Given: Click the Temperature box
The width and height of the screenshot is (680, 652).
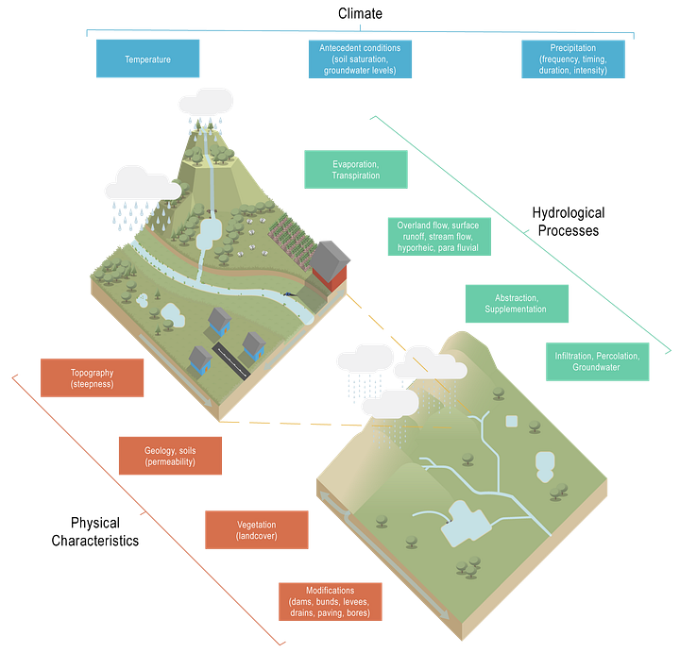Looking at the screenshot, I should (x=147, y=59).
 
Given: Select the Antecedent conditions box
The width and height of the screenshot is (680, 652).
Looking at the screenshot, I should (x=360, y=59).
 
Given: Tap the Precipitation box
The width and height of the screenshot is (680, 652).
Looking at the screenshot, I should (x=572, y=59).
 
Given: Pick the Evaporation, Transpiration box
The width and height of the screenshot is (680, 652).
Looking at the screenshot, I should (x=355, y=169).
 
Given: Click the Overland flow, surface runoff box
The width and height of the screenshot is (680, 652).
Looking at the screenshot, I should (x=438, y=237).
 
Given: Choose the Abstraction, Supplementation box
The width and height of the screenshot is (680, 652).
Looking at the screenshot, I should (x=516, y=303).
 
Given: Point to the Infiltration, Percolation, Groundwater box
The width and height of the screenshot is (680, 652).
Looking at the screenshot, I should (x=597, y=361).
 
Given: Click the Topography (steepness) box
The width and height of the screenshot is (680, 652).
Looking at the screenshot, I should (x=92, y=378).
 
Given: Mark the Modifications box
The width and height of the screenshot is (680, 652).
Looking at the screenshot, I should (x=331, y=601).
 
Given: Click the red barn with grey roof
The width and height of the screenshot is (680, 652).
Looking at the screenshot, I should (x=331, y=265).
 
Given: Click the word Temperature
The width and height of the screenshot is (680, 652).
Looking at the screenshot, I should (x=147, y=59).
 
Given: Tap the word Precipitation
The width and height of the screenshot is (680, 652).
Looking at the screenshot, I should (x=572, y=47).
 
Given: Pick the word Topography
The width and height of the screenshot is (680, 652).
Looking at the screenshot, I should (x=92, y=373).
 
